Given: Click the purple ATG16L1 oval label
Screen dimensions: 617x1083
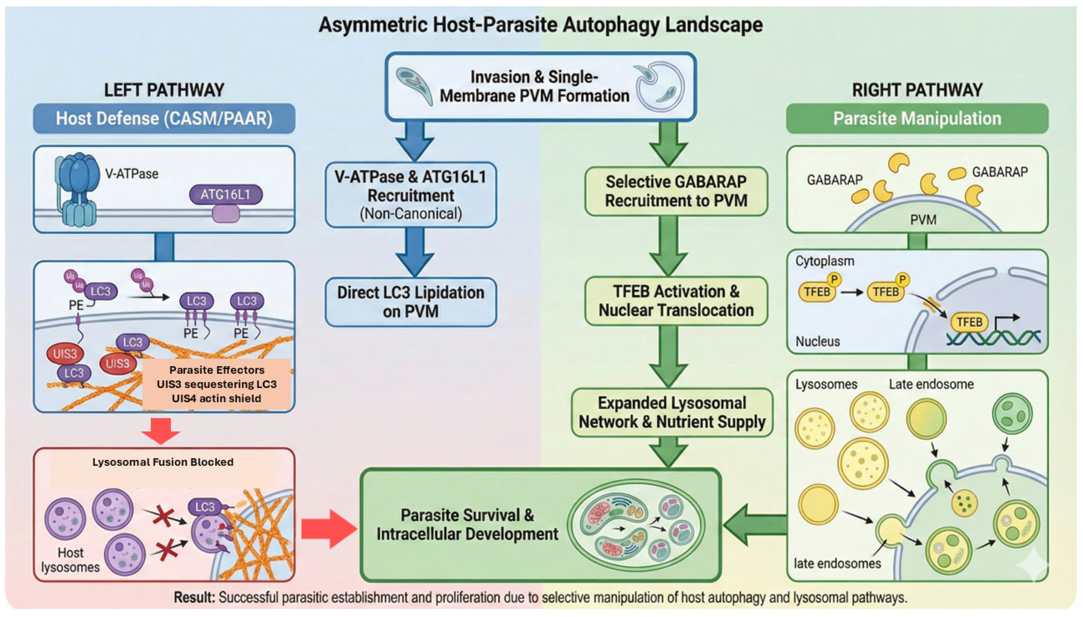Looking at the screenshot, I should pos(225,194).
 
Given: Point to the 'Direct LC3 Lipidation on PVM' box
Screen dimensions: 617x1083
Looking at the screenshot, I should pos(410,302).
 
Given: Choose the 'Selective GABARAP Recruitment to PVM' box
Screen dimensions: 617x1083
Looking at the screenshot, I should pos(676,191).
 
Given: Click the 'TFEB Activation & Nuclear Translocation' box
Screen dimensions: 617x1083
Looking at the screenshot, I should pos(676,301).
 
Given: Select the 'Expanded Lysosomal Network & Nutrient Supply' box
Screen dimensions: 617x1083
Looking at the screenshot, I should pos(672,412).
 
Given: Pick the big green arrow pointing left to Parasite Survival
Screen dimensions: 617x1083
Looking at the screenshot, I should pos(755,525).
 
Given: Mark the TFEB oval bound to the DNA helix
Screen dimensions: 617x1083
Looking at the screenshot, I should pos(969,322).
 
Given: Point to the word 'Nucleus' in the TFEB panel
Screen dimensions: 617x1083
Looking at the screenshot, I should pos(817,341).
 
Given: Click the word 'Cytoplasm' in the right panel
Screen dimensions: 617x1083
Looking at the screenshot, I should pos(824,261).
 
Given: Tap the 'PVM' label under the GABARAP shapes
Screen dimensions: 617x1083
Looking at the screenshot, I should pos(923,220).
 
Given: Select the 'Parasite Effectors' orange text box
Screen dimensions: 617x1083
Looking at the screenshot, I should pos(217,384).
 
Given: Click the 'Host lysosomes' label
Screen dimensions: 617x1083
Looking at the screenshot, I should pos(70,560).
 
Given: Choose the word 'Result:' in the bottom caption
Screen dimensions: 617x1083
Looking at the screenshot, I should pos(194,597).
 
